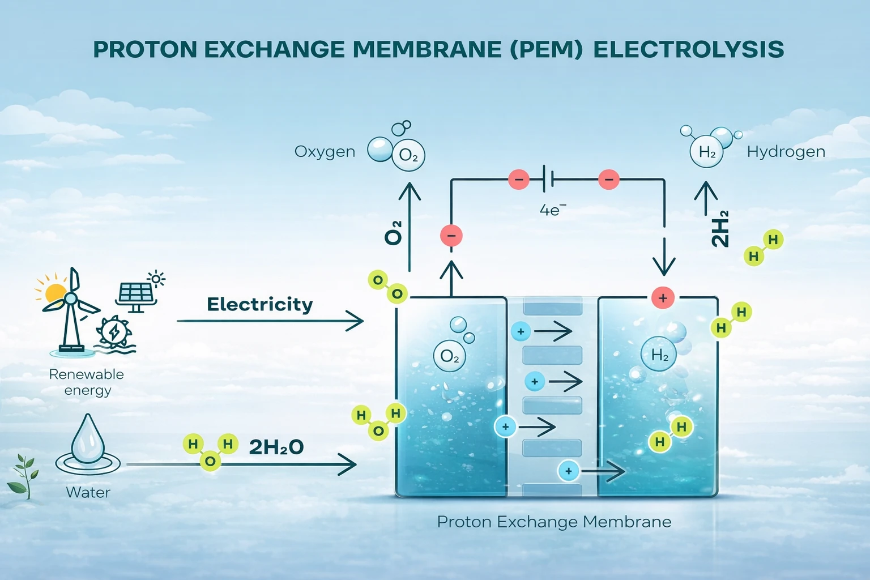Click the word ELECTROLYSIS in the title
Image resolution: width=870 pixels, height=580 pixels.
[x=688, y=50]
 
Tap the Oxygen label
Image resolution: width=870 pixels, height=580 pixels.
[x=325, y=152]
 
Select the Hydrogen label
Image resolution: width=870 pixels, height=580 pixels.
[x=786, y=152]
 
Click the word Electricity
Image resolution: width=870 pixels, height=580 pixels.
[x=259, y=305]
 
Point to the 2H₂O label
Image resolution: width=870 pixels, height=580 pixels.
[x=276, y=447]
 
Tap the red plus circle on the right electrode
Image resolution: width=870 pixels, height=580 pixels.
[x=663, y=297]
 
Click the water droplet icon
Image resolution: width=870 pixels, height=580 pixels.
[x=88, y=439]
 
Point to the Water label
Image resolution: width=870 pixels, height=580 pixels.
[x=88, y=492]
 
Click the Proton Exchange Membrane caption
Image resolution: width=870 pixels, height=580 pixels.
[x=554, y=522]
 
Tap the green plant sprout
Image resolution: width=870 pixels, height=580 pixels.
[x=23, y=476]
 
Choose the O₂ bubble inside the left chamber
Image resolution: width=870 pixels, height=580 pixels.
[x=449, y=356]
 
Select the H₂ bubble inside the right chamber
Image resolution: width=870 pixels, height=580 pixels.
[x=659, y=355]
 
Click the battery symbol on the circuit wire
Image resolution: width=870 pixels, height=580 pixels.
[x=547, y=180]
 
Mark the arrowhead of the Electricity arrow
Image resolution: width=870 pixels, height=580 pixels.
[x=357, y=321]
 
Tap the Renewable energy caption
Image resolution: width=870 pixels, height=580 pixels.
[x=87, y=382]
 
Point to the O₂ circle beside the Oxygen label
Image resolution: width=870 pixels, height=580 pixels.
[x=408, y=155]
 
